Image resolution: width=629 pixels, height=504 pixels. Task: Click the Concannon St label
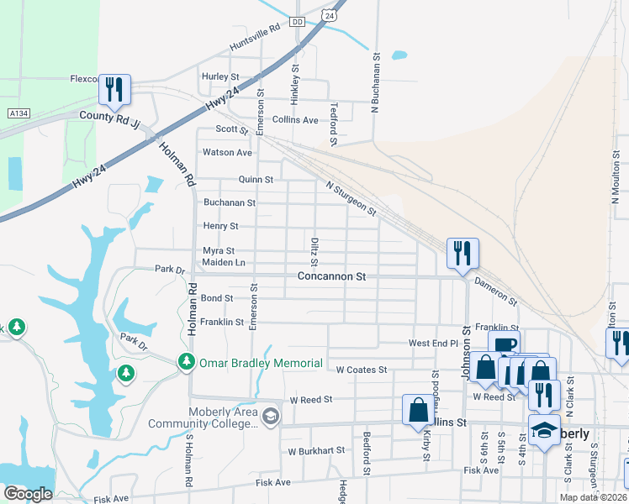pyautogui.click(x=332, y=276)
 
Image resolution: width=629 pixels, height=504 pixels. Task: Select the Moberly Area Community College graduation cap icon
pyautogui.click(x=270, y=416)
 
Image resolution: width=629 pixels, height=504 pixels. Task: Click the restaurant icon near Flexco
pyautogui.click(x=114, y=88)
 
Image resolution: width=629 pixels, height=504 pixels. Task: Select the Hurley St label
pyautogui.click(x=220, y=76)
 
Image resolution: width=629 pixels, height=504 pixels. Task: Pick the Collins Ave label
pyautogui.click(x=295, y=120)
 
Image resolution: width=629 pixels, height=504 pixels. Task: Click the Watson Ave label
pyautogui.click(x=227, y=153)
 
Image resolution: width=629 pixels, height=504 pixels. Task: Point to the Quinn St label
pyautogui.click(x=256, y=180)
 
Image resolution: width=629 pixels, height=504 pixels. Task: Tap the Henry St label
pyautogui.click(x=221, y=226)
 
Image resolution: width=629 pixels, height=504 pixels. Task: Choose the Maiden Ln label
pyautogui.click(x=223, y=263)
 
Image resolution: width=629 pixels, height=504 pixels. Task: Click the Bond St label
pyautogui.click(x=217, y=298)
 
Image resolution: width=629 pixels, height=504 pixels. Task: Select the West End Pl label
pyautogui.click(x=432, y=344)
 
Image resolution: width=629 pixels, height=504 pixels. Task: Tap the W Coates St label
pyautogui.click(x=361, y=370)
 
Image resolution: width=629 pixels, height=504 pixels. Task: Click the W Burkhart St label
pyautogui.click(x=316, y=450)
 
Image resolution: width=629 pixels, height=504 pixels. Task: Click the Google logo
pyautogui.click(x=28, y=494)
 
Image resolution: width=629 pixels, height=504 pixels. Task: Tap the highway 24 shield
pyautogui.click(x=330, y=15)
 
